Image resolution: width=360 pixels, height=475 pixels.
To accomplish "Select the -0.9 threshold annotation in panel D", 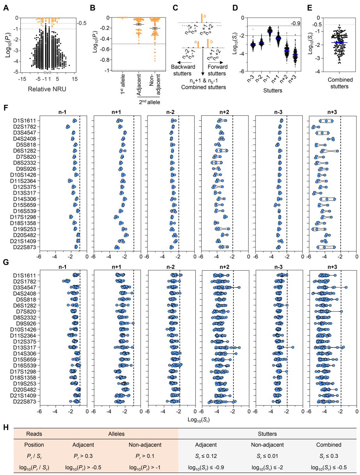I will (296, 23).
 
